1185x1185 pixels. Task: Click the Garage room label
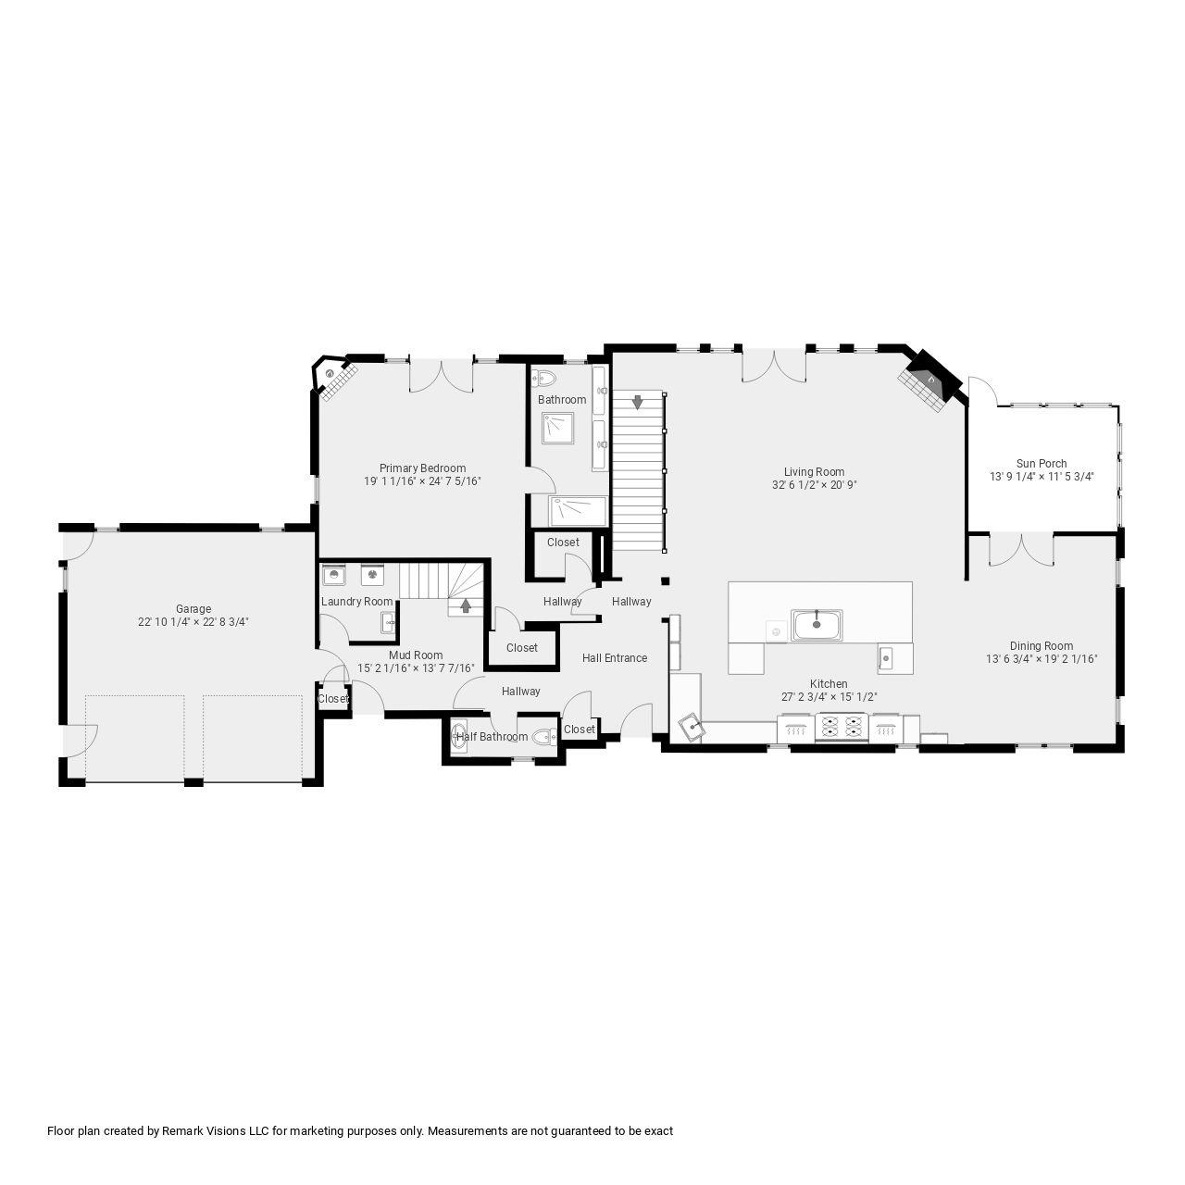pos(193,609)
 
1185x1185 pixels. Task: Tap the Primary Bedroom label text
pos(422,468)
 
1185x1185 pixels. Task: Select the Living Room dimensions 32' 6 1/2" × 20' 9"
pos(814,485)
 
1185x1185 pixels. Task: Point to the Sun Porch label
pos(1042,464)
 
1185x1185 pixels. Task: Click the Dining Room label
pos(1042,646)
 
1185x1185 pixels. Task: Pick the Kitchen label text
pos(828,684)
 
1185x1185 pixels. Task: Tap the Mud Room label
pos(416,655)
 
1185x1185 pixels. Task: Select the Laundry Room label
pos(356,602)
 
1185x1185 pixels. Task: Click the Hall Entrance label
pos(615,658)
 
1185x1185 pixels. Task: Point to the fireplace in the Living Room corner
pos(927,381)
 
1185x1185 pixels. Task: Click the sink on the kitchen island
pos(816,625)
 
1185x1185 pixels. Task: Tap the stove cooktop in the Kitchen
pos(842,729)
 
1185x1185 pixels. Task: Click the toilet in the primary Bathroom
pos(543,378)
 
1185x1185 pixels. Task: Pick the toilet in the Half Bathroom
pos(543,737)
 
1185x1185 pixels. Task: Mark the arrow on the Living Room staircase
pos(637,403)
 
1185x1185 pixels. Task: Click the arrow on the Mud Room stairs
pos(465,606)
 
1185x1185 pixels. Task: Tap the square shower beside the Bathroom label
pos(558,427)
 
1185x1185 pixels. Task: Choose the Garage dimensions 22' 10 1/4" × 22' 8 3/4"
pos(193,622)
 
